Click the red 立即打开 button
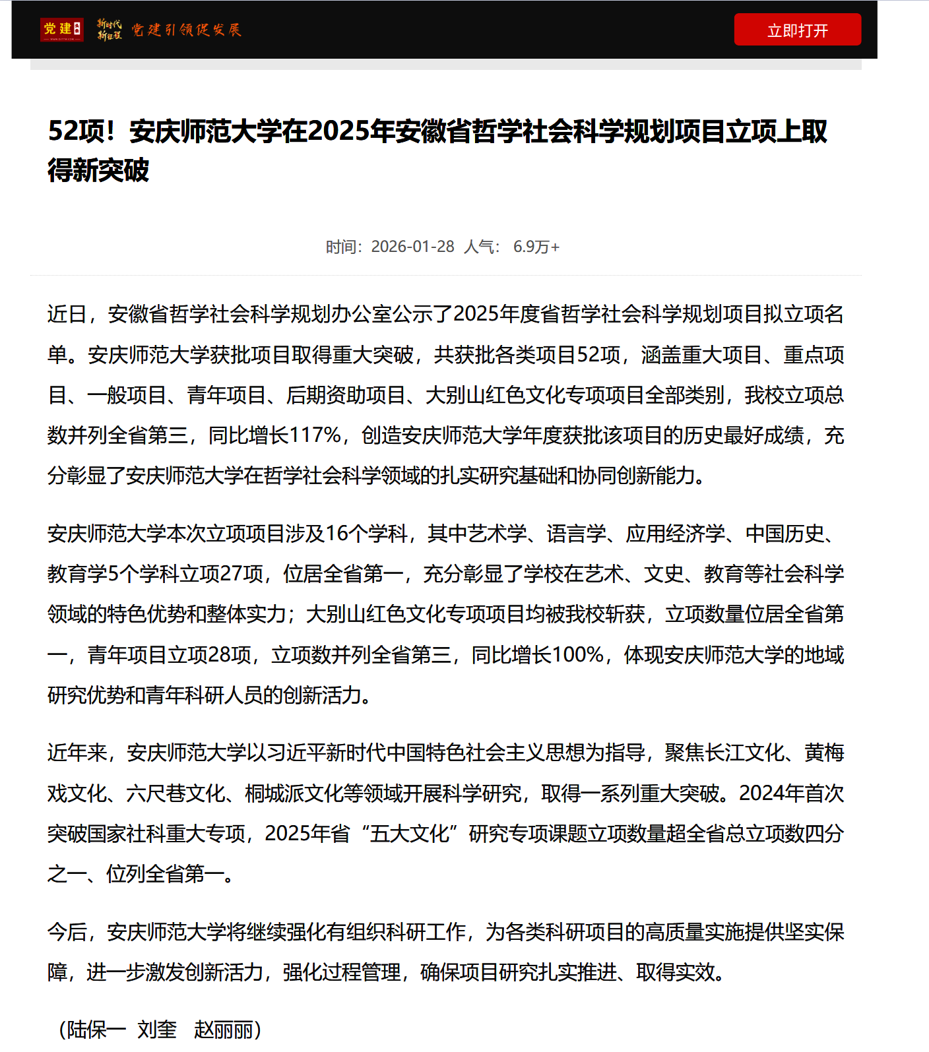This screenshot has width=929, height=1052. [x=797, y=30]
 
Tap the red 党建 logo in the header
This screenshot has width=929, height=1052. [x=62, y=30]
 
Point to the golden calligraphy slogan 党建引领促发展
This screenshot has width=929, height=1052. [x=186, y=30]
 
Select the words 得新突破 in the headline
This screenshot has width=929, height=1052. [x=98, y=170]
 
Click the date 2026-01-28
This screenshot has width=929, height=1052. [x=412, y=247]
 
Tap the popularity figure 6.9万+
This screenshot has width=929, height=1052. [x=536, y=247]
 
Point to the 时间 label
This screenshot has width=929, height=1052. [x=342, y=247]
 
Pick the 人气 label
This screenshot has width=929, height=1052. [x=480, y=247]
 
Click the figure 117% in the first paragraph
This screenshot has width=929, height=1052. [x=315, y=435]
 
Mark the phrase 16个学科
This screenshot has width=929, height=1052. [x=367, y=534]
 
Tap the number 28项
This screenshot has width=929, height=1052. [x=229, y=655]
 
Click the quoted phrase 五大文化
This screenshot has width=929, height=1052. [x=409, y=834]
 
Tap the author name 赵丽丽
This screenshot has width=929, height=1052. [x=224, y=1029]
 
